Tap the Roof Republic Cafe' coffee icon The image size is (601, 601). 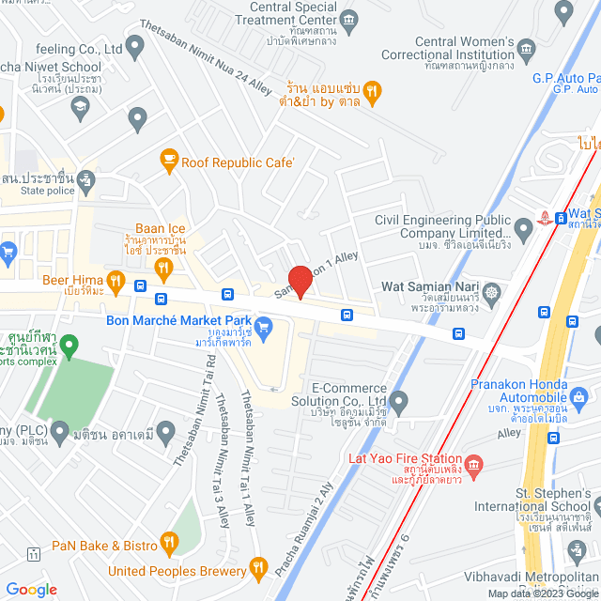point(169,161)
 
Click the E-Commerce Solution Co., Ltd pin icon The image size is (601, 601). point(399,405)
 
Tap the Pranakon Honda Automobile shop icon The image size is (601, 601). point(579,399)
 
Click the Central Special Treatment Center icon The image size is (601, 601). point(349,19)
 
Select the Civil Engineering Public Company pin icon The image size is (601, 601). point(524,227)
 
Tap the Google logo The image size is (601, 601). point(31,589)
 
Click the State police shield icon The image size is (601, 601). point(86,177)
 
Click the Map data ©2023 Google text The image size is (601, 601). point(542,593)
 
